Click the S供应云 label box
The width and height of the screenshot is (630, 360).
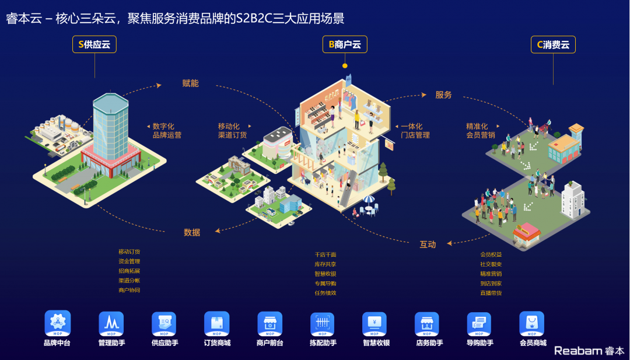click(x=94, y=44)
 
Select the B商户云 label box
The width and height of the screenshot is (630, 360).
click(x=345, y=44)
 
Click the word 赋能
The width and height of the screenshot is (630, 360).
click(x=190, y=83)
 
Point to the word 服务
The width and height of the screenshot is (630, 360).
click(x=443, y=95)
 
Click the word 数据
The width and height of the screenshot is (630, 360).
click(x=192, y=232)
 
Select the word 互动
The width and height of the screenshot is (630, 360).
click(x=428, y=244)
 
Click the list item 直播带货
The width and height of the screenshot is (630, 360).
click(x=491, y=293)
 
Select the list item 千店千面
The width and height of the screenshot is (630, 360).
click(x=325, y=255)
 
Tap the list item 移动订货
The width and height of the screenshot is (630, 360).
click(x=129, y=252)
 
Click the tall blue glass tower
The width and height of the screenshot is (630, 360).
click(x=110, y=123)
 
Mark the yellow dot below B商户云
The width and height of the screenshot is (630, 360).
click(x=345, y=66)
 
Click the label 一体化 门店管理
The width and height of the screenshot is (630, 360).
click(x=415, y=131)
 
